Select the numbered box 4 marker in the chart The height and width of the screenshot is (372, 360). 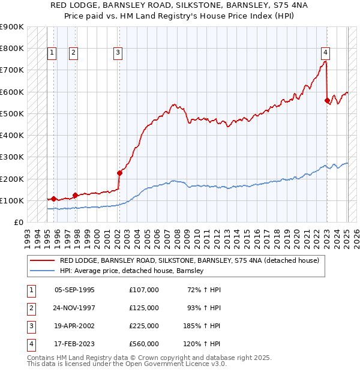click(325, 52)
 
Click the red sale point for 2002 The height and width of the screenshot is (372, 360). click(119, 173)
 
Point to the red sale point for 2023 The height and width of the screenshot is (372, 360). click(327, 100)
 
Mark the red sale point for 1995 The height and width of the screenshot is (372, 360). click(53, 199)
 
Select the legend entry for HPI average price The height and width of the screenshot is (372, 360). click(132, 271)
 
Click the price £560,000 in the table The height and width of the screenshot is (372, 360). click(144, 344)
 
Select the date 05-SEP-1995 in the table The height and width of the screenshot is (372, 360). click(74, 290)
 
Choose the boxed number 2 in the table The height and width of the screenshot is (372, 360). click(31, 308)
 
